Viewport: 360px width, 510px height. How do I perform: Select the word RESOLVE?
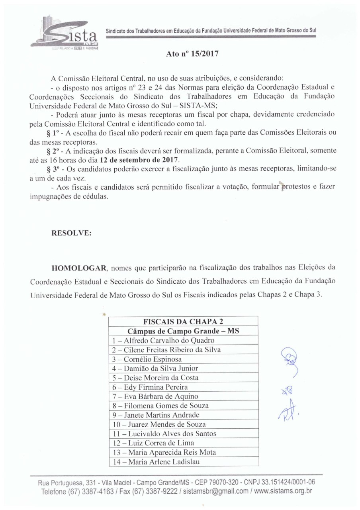(x=72, y=234)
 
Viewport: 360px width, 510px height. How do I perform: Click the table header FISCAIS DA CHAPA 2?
(x=183, y=322)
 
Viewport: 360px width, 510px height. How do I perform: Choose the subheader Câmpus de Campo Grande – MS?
(x=183, y=331)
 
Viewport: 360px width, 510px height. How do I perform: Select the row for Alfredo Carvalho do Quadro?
(x=163, y=341)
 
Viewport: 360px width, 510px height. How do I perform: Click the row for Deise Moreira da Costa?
(x=155, y=378)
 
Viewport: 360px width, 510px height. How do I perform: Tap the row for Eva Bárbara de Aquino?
(x=155, y=396)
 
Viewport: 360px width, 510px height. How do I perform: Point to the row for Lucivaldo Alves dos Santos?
(x=164, y=434)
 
